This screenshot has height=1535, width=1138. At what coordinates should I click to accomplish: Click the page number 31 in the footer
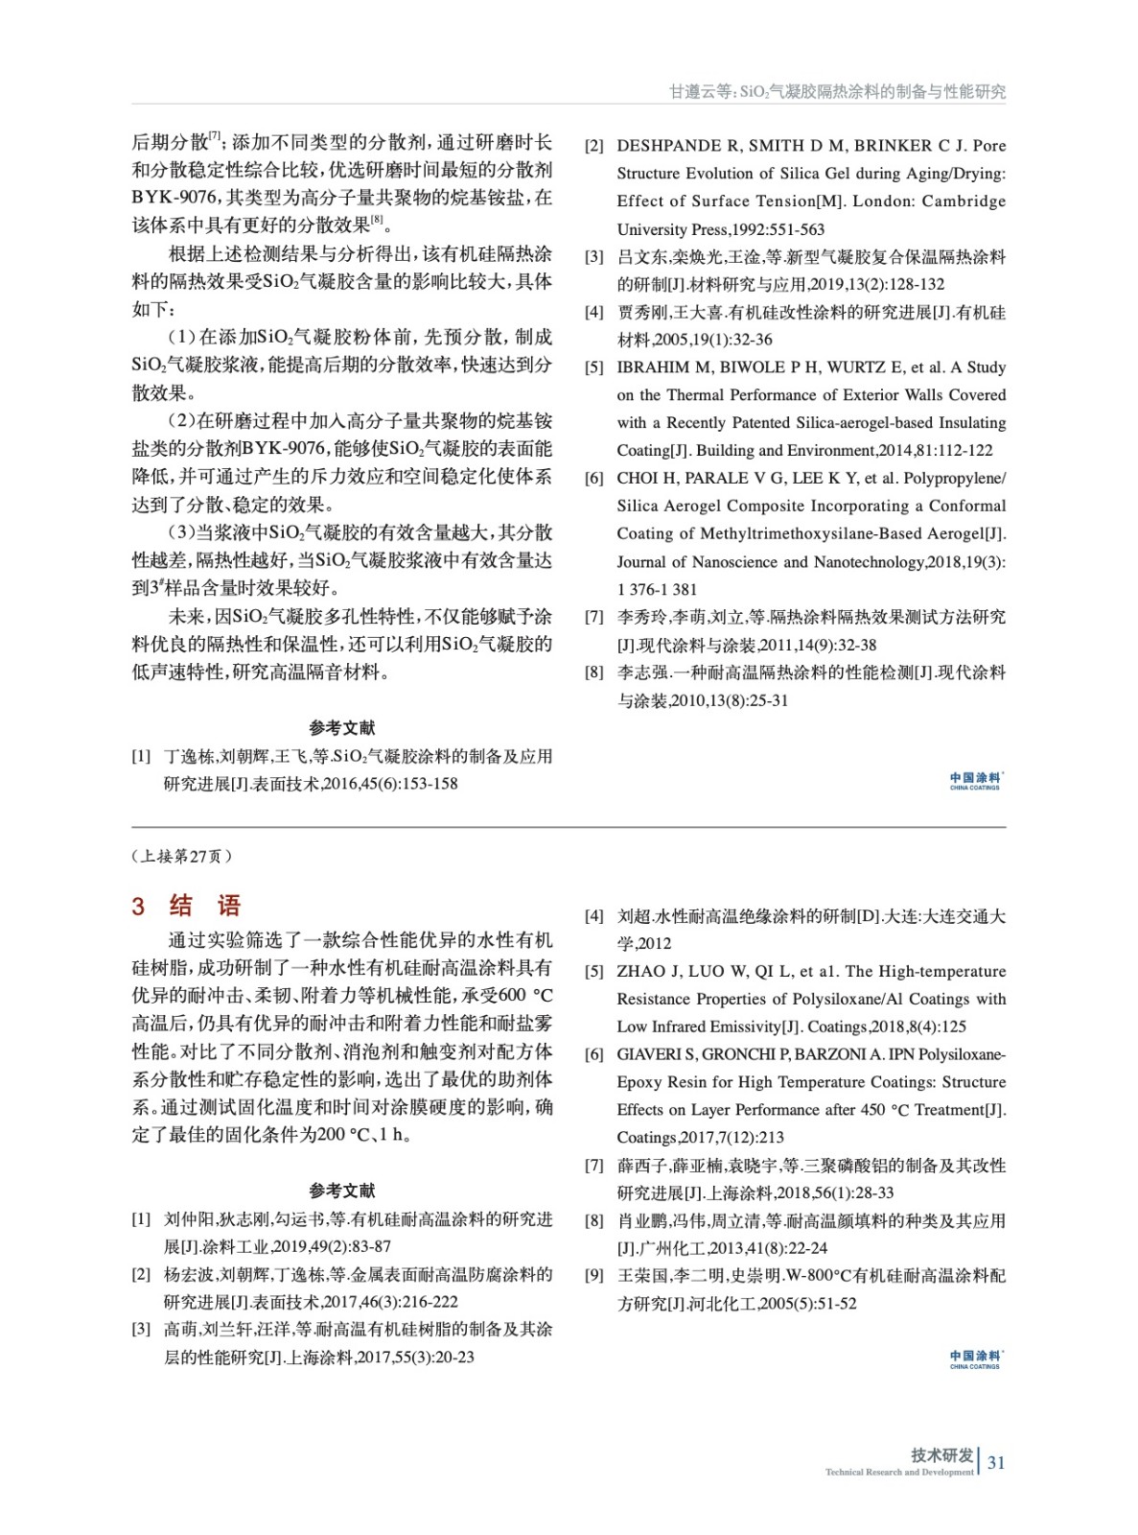[996, 1462]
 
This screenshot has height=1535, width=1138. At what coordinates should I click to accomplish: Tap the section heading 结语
[204, 906]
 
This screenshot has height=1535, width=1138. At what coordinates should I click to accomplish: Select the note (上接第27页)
[181, 856]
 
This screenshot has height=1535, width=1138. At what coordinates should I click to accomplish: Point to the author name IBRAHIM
[651, 367]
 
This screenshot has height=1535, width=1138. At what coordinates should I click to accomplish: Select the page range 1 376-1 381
[657, 590]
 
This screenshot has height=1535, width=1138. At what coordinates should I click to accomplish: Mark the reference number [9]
[594, 1276]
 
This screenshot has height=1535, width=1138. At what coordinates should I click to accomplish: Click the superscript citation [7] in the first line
[216, 135]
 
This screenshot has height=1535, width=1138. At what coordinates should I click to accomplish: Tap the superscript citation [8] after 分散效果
[378, 219]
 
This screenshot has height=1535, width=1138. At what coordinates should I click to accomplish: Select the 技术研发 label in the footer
[941, 1454]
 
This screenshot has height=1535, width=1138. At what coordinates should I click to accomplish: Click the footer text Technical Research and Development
[898, 1472]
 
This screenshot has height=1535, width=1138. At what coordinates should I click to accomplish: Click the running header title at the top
[837, 91]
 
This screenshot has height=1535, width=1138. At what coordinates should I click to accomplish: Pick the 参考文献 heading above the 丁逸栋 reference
[342, 728]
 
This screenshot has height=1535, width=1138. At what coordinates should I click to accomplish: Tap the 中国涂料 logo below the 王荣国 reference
[976, 1358]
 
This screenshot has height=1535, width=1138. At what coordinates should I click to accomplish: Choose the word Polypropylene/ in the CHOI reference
[954, 478]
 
